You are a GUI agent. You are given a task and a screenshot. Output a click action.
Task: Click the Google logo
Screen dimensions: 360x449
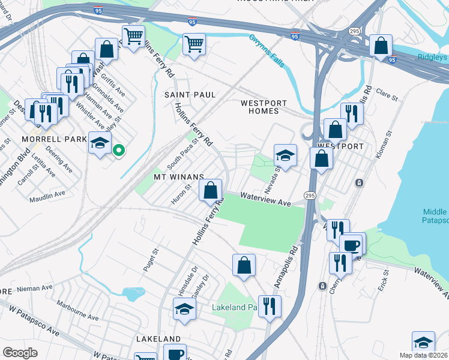[x=20, y=352]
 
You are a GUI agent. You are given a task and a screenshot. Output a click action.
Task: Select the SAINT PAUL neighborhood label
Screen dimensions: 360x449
[x=190, y=95]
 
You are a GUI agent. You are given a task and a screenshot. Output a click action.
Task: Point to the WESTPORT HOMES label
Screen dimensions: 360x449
[x=260, y=107]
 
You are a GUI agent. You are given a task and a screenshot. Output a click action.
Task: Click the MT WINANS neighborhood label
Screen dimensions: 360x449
[x=179, y=177]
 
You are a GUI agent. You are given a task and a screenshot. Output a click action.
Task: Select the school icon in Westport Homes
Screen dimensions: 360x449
[x=286, y=155]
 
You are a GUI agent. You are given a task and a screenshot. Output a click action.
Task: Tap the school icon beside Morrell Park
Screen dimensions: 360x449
[x=100, y=143]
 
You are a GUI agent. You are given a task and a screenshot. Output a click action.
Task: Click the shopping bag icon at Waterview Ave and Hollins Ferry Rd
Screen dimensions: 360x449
[x=210, y=191]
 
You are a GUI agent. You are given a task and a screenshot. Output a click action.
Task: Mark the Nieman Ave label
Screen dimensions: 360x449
[x=35, y=289]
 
